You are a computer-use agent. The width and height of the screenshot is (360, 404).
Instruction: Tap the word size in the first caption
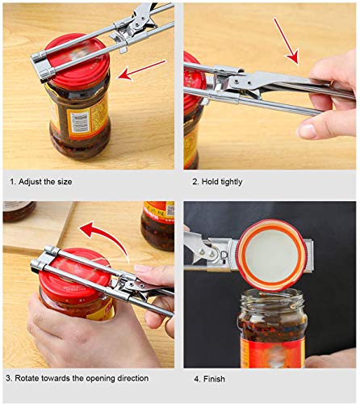pos(64,182)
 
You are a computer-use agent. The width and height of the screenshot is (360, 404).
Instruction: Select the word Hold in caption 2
pos(211,182)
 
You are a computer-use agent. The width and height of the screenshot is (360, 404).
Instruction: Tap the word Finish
pos(213,378)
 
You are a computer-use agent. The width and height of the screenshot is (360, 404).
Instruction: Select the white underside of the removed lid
pos(270,250)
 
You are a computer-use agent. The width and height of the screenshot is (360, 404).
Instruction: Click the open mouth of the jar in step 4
pos(272,304)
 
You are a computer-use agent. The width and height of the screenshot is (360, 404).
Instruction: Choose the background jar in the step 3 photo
pos(157,222)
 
